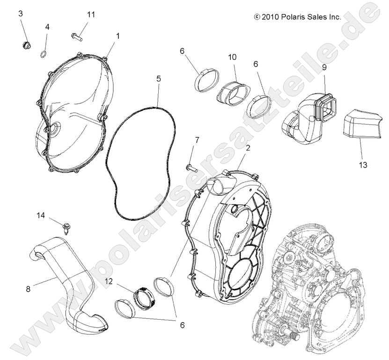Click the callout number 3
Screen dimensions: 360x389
click(x=20, y=14)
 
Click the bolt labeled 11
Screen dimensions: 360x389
click(x=77, y=36)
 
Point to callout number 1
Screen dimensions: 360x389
click(x=117, y=36)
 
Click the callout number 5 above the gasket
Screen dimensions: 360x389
click(x=159, y=79)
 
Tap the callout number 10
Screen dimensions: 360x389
click(x=232, y=58)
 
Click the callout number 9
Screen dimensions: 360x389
click(x=324, y=67)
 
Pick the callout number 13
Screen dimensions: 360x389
click(x=363, y=165)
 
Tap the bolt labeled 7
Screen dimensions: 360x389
click(x=191, y=166)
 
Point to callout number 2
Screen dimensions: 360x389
click(x=248, y=148)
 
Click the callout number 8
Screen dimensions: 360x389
click(x=28, y=289)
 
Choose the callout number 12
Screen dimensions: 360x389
click(x=109, y=281)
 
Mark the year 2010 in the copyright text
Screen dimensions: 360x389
click(x=271, y=16)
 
